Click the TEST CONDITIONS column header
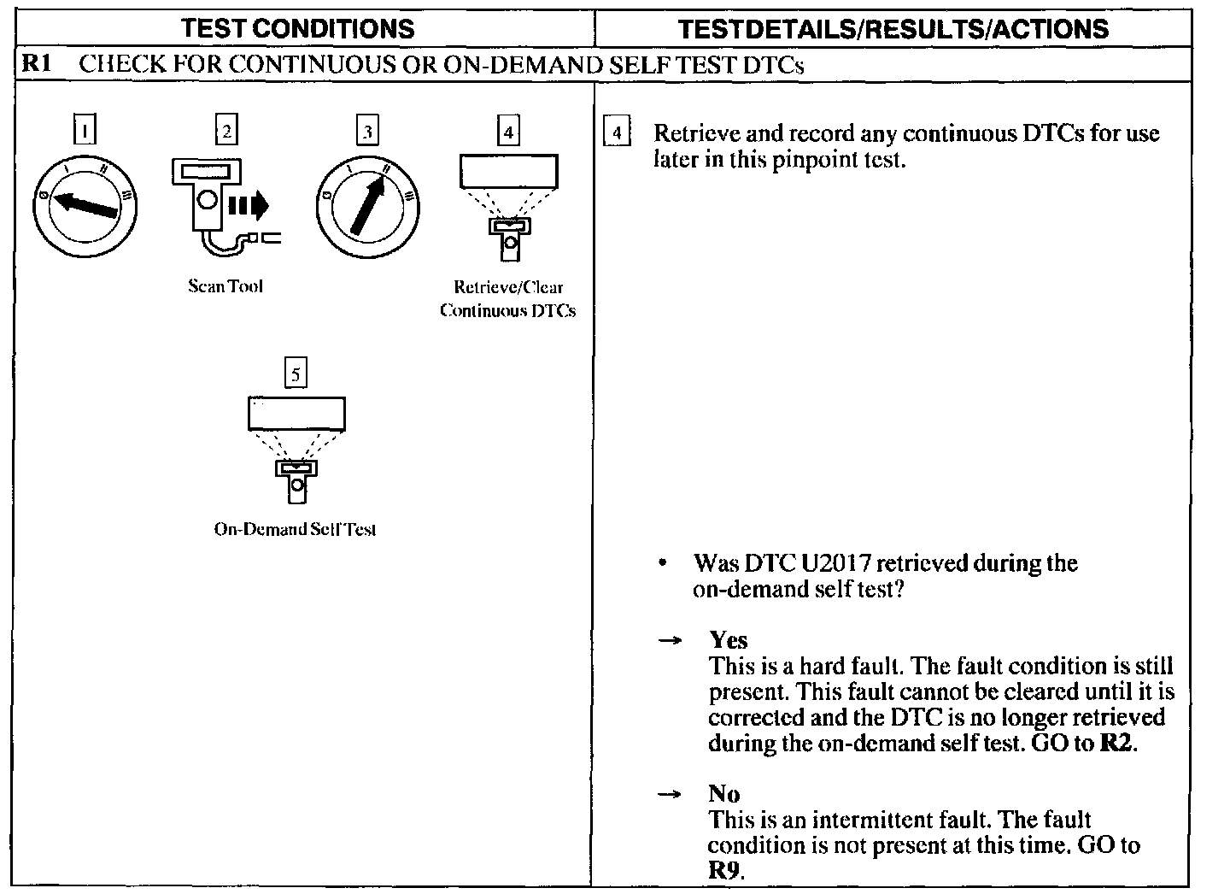pyautogui.click(x=298, y=28)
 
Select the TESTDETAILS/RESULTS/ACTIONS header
pyautogui.click(x=893, y=28)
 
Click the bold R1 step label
pyautogui.click(x=38, y=64)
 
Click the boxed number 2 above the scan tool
pyautogui.click(x=225, y=131)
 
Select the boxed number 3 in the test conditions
pyautogui.click(x=366, y=131)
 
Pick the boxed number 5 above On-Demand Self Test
pyautogui.click(x=296, y=373)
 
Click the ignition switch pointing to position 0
pyautogui.click(x=85, y=206)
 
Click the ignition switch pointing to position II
pyautogui.click(x=367, y=206)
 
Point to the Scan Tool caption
pyautogui.click(x=225, y=286)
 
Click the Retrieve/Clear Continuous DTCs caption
pyautogui.click(x=508, y=298)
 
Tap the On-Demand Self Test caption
pyautogui.click(x=296, y=529)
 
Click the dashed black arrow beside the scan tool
pyautogui.click(x=249, y=205)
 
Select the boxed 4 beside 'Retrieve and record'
pyautogui.click(x=617, y=133)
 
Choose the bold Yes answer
pyautogui.click(x=728, y=640)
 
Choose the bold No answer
pyautogui.click(x=723, y=794)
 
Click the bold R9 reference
pyautogui.click(x=725, y=871)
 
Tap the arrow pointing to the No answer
pyautogui.click(x=671, y=795)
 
